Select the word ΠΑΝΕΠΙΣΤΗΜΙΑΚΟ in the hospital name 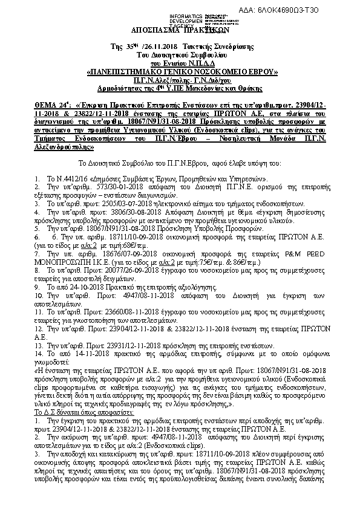[x=135, y=71]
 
